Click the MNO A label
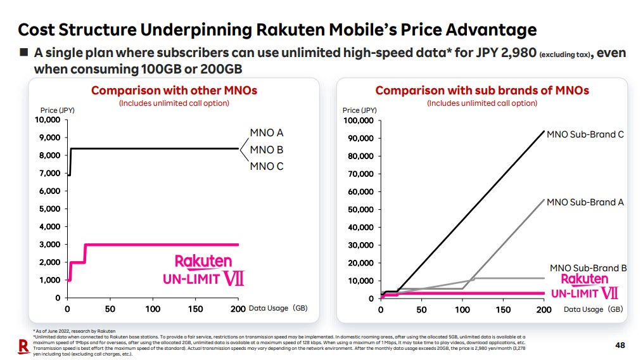[266, 133]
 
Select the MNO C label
[266, 167]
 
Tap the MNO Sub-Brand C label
[585, 134]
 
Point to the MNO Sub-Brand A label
[585, 202]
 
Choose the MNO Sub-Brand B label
[588, 268]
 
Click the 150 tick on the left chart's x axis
[195, 309]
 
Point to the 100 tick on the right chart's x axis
[462, 309]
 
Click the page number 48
[621, 345]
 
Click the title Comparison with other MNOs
[174, 91]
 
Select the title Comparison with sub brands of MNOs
[482, 91]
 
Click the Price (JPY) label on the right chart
[360, 110]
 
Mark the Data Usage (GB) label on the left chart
[277, 309]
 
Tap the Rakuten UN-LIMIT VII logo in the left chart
[203, 270]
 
